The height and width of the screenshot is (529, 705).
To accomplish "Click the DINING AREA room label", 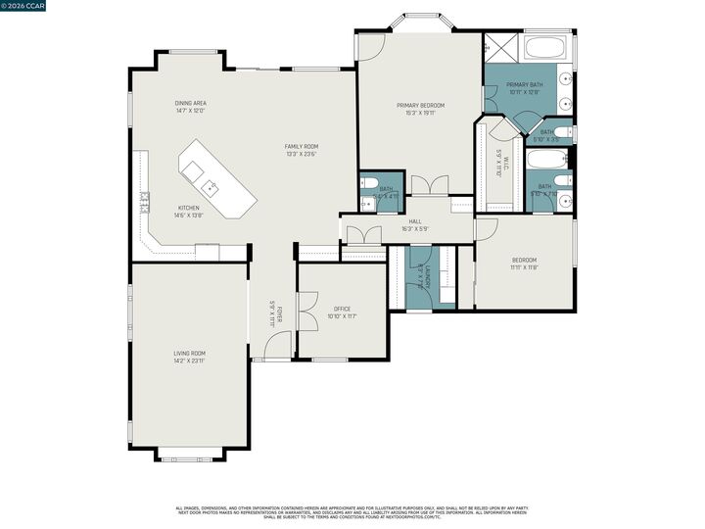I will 190,103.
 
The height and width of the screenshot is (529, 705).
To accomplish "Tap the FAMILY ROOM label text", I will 302,147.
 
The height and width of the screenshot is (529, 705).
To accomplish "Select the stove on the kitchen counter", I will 144,202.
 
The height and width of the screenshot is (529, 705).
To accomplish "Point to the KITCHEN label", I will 188,208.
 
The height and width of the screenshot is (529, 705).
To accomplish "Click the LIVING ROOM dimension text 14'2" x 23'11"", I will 190,361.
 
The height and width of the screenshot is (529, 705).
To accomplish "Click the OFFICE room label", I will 342,309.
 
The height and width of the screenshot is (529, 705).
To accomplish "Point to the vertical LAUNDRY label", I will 420,276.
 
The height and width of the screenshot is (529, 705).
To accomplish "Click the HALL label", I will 415,222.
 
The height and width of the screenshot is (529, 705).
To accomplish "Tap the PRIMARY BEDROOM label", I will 420,105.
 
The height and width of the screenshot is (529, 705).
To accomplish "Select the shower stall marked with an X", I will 501,47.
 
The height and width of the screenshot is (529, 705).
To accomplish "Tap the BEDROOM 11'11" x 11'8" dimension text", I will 524,267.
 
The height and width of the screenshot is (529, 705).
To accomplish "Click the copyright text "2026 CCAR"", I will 27,6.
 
